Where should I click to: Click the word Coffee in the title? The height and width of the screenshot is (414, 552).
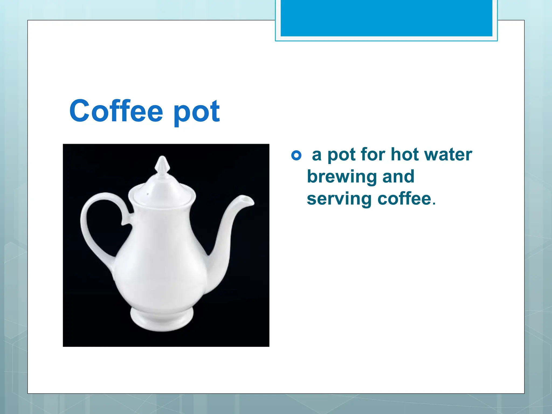pyautogui.click(x=116, y=111)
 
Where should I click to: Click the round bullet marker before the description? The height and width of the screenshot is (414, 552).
pyautogui.click(x=296, y=155)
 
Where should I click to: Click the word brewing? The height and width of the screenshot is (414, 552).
pyautogui.click(x=342, y=177)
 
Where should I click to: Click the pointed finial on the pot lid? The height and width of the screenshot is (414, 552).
pyautogui.click(x=162, y=164)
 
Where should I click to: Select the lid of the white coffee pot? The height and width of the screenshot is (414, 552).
pyautogui.click(x=162, y=189)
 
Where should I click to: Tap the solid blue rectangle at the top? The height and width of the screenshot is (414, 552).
pyautogui.click(x=386, y=18)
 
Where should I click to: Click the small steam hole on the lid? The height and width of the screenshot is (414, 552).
pyautogui.click(x=147, y=194)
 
